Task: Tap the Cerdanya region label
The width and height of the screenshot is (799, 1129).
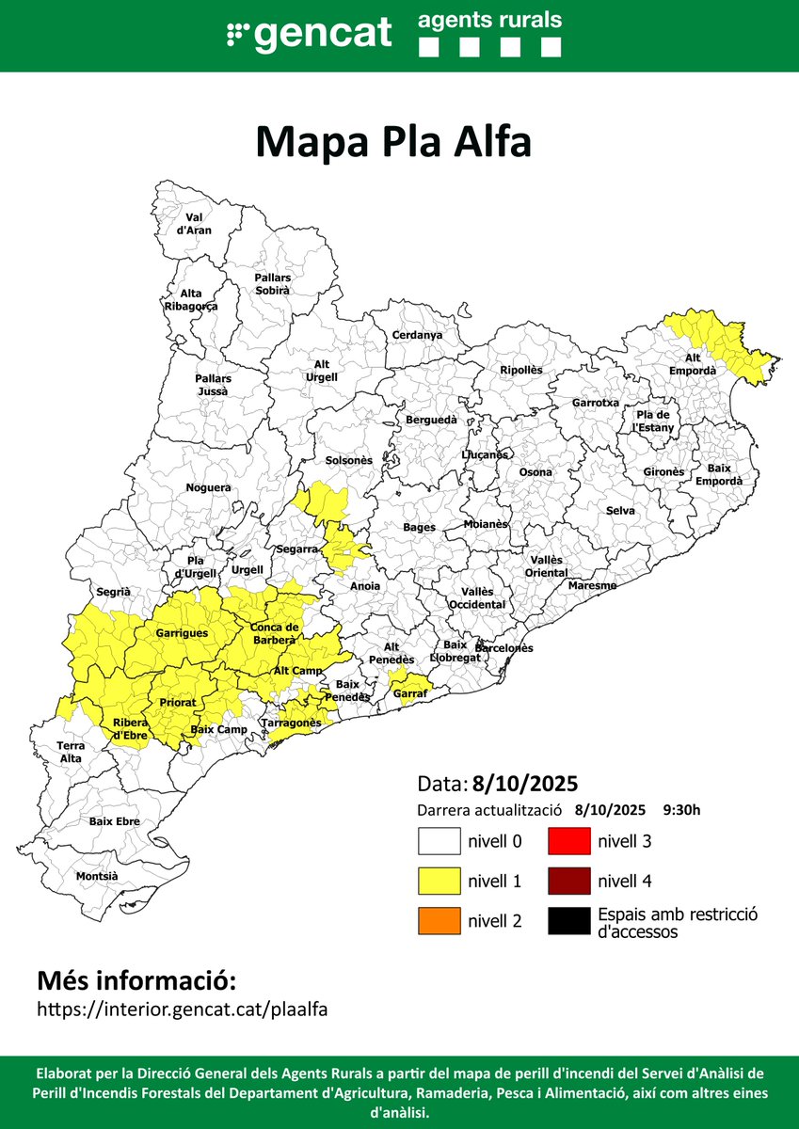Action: [x=417, y=335]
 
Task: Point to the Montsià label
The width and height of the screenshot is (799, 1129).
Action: [x=97, y=876]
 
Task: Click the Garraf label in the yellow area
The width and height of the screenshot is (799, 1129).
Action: [x=410, y=693]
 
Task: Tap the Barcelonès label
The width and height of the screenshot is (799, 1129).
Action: [x=503, y=648]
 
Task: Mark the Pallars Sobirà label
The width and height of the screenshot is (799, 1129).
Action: [x=273, y=284]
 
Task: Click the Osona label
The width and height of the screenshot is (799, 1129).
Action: [x=535, y=472]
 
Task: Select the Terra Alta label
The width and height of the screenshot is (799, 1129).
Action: [x=70, y=752]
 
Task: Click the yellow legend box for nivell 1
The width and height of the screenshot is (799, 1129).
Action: [x=439, y=881]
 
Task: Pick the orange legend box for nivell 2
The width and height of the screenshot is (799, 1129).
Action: [x=439, y=921]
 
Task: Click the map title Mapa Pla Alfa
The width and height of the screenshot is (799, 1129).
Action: [x=393, y=143]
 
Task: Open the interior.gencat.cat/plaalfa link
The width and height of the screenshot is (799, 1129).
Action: [x=182, y=1009]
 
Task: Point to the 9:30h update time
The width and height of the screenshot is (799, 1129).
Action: [x=681, y=810]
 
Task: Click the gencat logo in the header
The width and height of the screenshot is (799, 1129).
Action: [x=310, y=35]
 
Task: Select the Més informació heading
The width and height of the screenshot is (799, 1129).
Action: [x=135, y=980]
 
